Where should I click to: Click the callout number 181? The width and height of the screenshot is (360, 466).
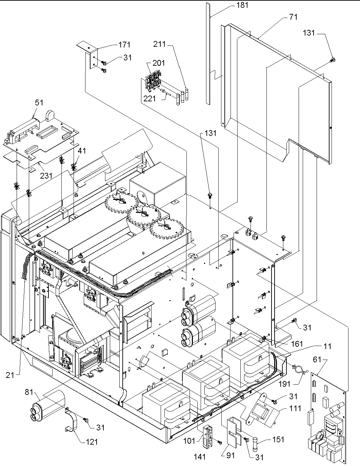243,5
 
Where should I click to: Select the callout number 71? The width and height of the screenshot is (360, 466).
294,17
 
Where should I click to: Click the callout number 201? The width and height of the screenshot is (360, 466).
159,63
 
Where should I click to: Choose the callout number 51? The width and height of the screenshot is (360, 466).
39,102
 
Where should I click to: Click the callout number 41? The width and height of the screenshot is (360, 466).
82,150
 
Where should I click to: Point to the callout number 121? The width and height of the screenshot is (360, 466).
91,442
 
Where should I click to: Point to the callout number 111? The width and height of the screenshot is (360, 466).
295,409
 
